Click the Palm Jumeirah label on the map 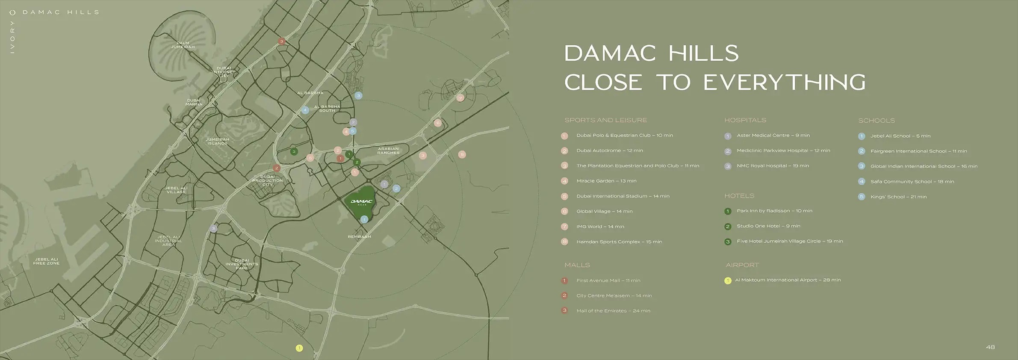pos(183,45)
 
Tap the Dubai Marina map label pos(194,102)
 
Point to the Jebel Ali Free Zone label pos(46,261)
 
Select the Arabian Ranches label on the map pos(388,150)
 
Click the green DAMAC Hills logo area pos(361,202)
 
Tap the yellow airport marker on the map pos(299,348)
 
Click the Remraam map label pos(359,236)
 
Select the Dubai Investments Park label pos(242,264)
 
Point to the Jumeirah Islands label pos(217,141)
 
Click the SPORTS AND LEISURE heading pos(605,120)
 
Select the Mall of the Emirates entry pos(613,311)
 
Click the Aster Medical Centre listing pos(773,136)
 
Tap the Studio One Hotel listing pos(768,226)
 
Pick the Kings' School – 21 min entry pos(898,197)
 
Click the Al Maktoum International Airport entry pos(788,280)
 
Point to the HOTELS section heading pos(739,196)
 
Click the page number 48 pos(990,347)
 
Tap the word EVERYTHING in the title pos(784,83)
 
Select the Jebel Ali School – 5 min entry pos(900,136)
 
